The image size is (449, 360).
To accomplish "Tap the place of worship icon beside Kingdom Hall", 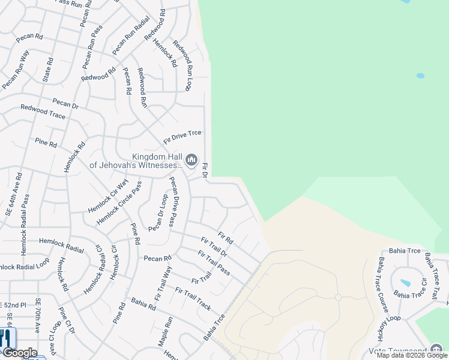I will click(191, 160).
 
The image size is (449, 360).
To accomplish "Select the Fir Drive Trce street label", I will click(182, 137).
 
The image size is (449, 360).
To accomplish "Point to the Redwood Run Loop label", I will click(181, 65).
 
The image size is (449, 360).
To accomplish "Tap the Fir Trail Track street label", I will click(193, 298).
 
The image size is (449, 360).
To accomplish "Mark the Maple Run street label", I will click(166, 332).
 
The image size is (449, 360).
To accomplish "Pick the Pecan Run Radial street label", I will click(130, 37).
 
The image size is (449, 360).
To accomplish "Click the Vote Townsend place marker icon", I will click(436, 350).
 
